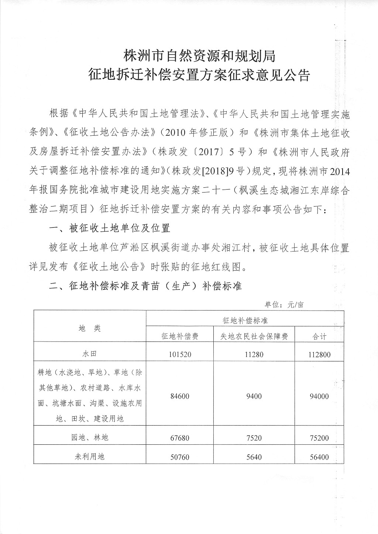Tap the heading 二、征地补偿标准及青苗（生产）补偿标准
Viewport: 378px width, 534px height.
click(x=145, y=286)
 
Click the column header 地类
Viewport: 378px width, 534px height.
click(x=90, y=328)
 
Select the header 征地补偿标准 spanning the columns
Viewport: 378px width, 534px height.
click(x=245, y=321)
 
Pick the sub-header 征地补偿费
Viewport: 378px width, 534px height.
click(x=180, y=336)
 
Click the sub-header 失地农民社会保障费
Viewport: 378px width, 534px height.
click(x=254, y=336)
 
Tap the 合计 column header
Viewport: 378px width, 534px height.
click(x=319, y=336)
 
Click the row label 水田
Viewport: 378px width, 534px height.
click(x=90, y=354)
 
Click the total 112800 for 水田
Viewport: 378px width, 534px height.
click(x=319, y=355)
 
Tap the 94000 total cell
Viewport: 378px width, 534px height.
click(x=319, y=396)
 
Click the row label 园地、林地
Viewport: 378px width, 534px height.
click(x=90, y=438)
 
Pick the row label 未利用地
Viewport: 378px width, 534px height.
click(x=90, y=457)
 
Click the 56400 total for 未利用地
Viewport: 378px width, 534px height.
click(x=319, y=457)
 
